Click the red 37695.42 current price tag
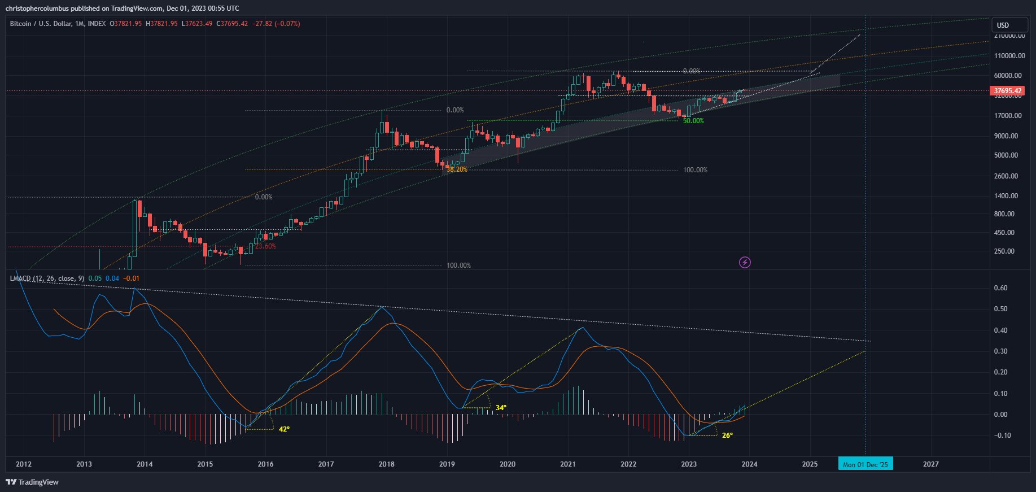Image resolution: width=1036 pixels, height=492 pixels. pyautogui.click(x=1008, y=90)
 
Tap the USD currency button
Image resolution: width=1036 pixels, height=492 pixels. pyautogui.click(x=1003, y=25)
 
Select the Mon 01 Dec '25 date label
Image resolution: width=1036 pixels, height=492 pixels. pyautogui.click(x=865, y=464)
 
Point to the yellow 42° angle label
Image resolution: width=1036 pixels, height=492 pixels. pyautogui.click(x=284, y=429)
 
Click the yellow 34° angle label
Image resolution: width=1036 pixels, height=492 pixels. pyautogui.click(x=501, y=408)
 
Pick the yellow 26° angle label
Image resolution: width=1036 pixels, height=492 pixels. pyautogui.click(x=727, y=436)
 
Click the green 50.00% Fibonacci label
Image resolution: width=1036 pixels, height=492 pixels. pyautogui.click(x=693, y=121)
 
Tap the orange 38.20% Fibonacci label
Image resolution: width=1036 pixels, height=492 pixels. pyautogui.click(x=457, y=169)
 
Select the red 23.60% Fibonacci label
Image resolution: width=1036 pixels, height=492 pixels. pyautogui.click(x=265, y=246)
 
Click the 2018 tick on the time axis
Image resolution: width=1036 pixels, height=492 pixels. pyautogui.click(x=386, y=464)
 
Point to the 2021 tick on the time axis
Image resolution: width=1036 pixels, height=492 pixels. pyautogui.click(x=567, y=464)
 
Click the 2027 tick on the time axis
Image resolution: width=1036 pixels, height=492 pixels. pyautogui.click(x=930, y=464)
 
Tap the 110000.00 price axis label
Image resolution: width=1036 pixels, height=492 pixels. pyautogui.click(x=1009, y=56)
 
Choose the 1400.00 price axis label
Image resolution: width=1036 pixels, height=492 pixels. pyautogui.click(x=1006, y=196)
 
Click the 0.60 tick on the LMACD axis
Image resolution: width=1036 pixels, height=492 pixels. pyautogui.click(x=1000, y=288)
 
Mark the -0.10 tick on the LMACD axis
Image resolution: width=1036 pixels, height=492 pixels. pyautogui.click(x=1002, y=436)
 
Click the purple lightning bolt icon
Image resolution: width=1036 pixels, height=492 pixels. pyautogui.click(x=745, y=262)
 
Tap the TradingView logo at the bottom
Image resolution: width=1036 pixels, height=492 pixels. pyautogui.click(x=32, y=482)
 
